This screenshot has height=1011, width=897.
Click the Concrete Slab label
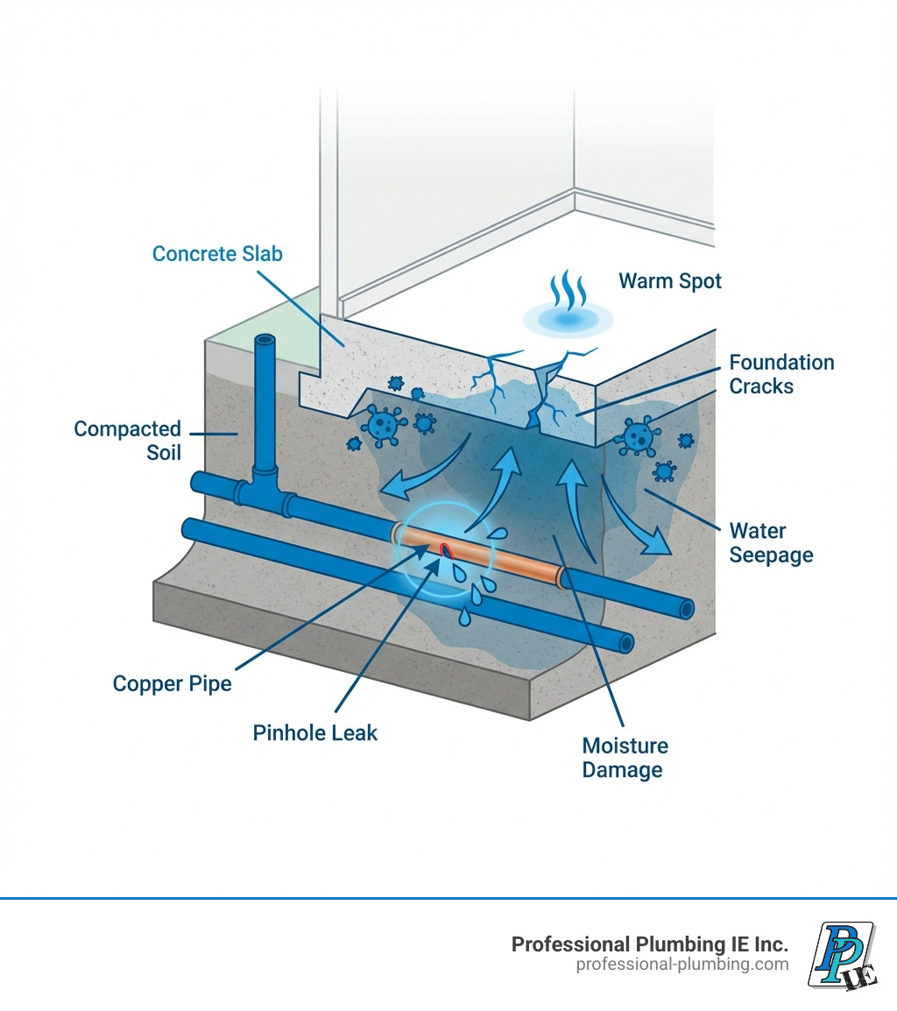[x=217, y=254]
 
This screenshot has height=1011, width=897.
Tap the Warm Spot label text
[x=670, y=281]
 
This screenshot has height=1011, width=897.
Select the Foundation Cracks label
[x=781, y=374]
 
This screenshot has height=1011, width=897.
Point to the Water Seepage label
[x=771, y=543]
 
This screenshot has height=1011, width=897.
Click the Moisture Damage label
[x=625, y=758]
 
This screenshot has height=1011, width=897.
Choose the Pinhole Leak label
[x=315, y=732]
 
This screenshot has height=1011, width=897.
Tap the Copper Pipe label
[x=173, y=683]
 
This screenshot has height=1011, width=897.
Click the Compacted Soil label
[x=127, y=441]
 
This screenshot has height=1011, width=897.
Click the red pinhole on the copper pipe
[x=445, y=550]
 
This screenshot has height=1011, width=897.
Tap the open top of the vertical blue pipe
[x=264, y=342]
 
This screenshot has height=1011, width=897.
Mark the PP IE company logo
[x=841, y=954]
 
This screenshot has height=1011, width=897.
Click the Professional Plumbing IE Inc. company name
[x=649, y=944]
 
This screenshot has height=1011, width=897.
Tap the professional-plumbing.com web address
[x=682, y=965]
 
